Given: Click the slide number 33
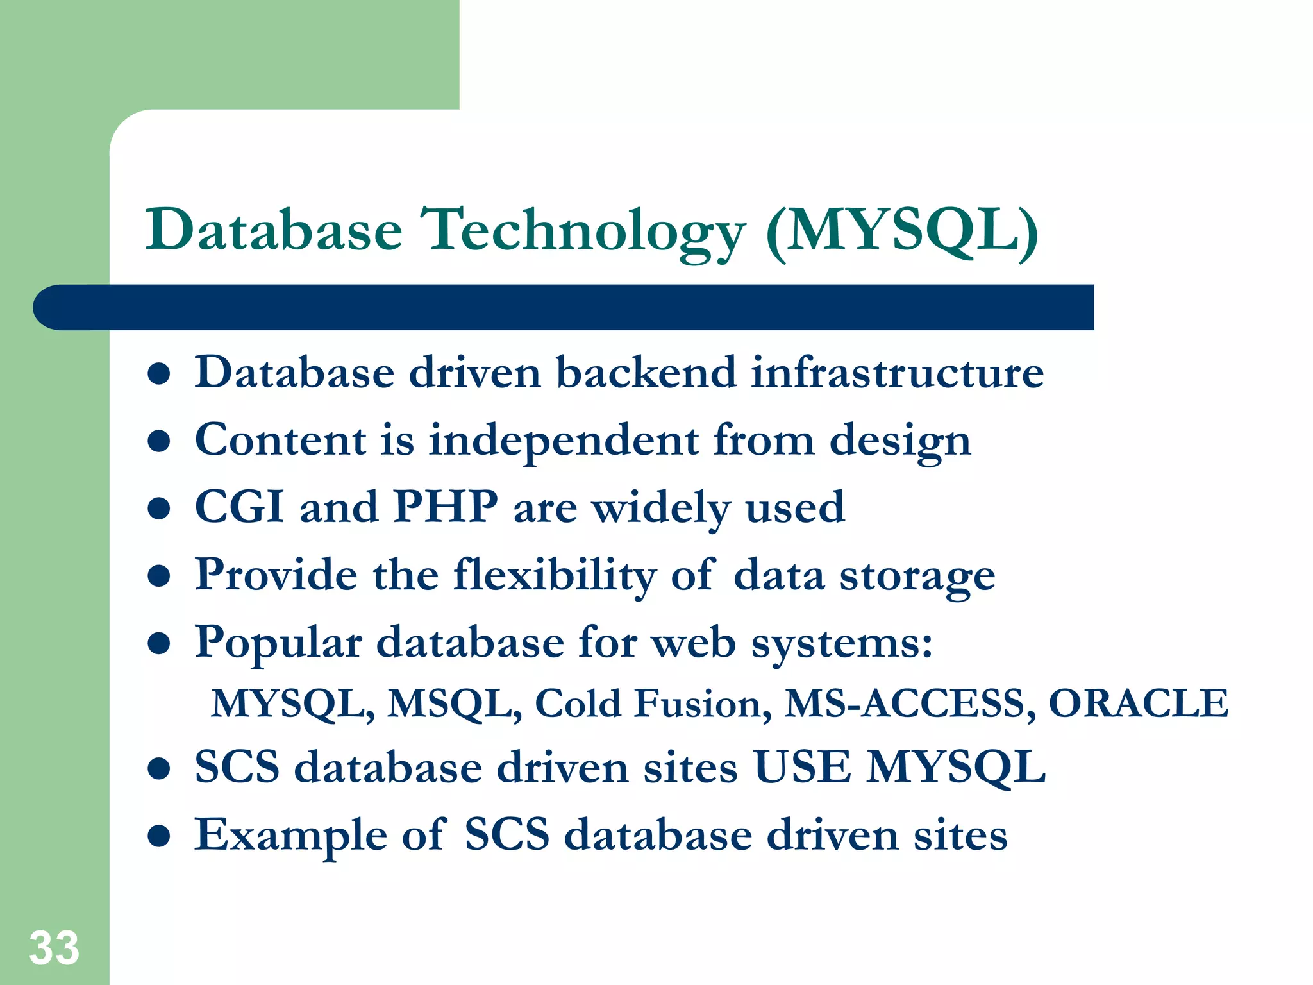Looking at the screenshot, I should coord(54,948).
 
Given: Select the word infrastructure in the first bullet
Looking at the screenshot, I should coord(898,373).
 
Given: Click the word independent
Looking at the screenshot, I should coord(564,441).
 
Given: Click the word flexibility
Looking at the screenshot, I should coord(555,575).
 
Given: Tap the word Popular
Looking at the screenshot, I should coord(278,643).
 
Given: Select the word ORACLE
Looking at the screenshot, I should coord(1139,704).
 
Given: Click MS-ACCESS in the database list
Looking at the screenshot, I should coord(909,704).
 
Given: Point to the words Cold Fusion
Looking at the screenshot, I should coord(653,704).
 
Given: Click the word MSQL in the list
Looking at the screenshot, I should coord(455,704).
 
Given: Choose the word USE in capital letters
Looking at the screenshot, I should coord(803,768).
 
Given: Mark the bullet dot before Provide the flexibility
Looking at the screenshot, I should coord(158,576).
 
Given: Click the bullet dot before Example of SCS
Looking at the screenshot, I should coord(158,836).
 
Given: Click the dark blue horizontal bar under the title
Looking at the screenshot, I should coord(564,308).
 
